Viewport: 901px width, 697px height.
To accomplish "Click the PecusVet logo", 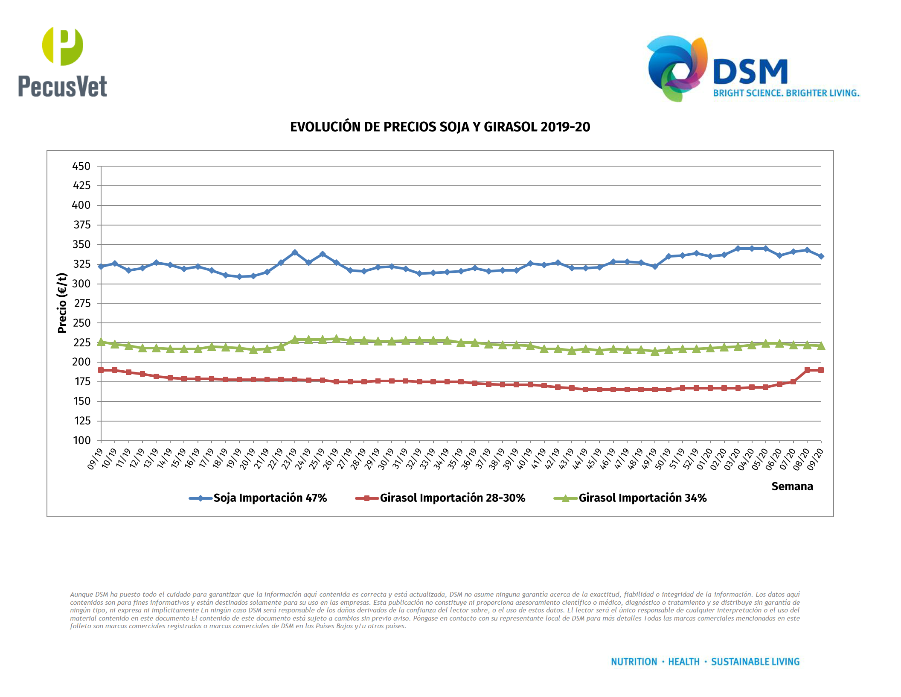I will click(62, 62).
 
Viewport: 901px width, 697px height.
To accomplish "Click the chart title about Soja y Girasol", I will click(440, 127).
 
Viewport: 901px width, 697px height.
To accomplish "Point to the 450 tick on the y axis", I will click(81, 166).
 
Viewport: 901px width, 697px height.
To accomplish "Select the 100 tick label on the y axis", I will click(81, 440).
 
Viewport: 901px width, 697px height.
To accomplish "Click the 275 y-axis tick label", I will click(81, 303).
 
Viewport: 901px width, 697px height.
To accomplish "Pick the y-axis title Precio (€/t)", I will click(62, 303).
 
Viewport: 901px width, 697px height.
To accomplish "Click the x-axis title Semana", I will click(792, 486).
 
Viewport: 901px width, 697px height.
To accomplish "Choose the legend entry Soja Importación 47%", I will click(270, 498).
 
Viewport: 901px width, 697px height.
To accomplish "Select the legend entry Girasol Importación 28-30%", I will click(452, 498).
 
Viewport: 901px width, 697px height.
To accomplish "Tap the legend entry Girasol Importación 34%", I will click(642, 498).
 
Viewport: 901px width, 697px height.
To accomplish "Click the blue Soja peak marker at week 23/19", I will click(295, 252).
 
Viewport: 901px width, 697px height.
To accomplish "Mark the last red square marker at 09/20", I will click(821, 370).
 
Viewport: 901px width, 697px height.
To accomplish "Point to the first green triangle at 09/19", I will click(101, 342).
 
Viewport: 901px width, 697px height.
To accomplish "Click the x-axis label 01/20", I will click(704, 459).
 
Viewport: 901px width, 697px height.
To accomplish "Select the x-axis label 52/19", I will click(690, 459).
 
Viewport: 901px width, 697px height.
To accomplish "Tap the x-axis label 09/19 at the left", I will click(95, 459).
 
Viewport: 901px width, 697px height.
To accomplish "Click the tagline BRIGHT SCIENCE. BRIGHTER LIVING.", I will click(786, 93).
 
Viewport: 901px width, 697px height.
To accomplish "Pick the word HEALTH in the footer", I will click(683, 662).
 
